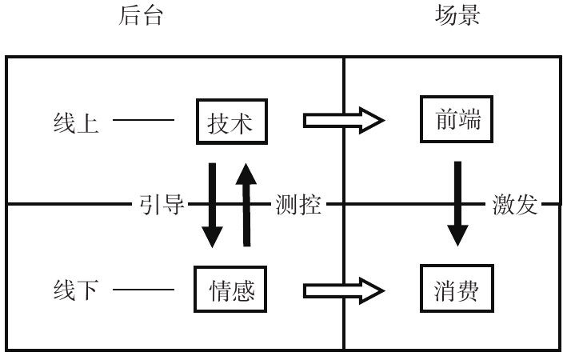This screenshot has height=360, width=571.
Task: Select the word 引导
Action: point(160,206)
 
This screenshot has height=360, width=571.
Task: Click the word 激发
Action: point(514,206)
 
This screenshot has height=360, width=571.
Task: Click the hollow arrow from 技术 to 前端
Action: point(343,122)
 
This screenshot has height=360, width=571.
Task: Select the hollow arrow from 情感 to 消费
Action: point(343,290)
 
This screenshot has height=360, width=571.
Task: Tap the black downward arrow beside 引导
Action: point(212,205)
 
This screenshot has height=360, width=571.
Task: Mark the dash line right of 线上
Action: point(143,122)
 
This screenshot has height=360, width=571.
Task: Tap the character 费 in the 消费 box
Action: point(469,290)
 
